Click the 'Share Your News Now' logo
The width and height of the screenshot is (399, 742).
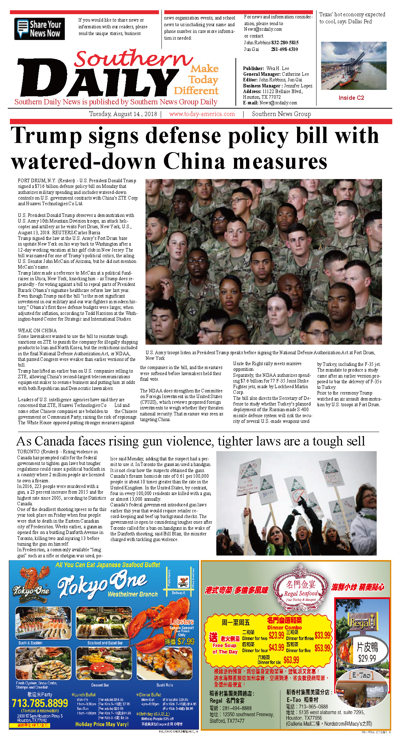point(39,29)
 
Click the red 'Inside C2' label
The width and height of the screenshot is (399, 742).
point(351,98)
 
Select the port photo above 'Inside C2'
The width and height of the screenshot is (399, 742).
point(353,65)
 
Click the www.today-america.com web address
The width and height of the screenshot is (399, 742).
point(202,114)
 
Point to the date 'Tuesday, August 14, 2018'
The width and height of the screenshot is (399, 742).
point(123,114)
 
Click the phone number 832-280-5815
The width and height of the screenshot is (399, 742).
point(285,42)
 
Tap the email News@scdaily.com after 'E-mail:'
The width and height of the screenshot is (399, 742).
point(278,103)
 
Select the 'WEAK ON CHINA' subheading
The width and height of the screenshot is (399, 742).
point(37,330)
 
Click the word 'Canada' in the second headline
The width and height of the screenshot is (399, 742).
point(55,441)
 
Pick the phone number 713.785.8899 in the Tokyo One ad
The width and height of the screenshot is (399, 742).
point(40,703)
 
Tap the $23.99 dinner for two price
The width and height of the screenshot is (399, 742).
point(276,635)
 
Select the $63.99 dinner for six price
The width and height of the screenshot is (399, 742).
point(291,660)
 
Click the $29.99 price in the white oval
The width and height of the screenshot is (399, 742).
point(367,658)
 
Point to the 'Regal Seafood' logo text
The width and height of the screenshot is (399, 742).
point(301,593)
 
